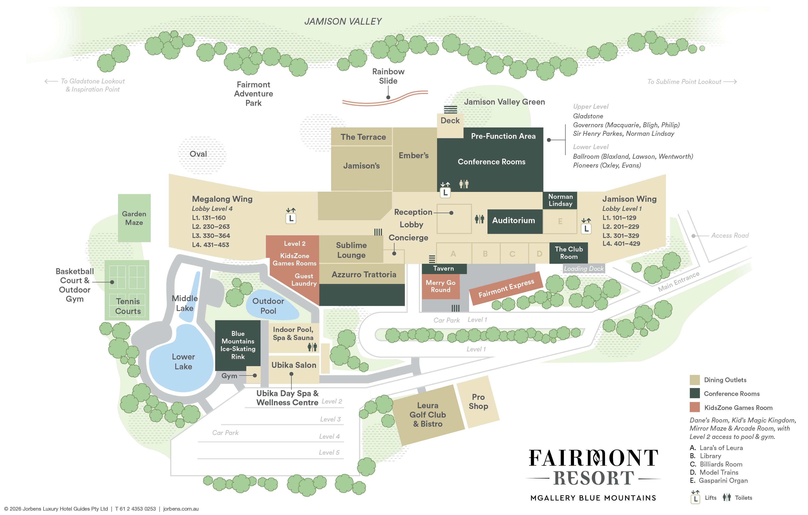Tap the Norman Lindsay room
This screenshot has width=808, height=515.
pos(560,200)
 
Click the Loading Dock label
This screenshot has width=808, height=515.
pos(584,268)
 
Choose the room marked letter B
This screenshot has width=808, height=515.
pos(485,254)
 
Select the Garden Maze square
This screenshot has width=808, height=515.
pos(134,218)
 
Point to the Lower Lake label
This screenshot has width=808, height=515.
pos(183,361)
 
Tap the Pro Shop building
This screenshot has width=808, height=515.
pos(478,402)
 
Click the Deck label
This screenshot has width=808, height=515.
pos(450,121)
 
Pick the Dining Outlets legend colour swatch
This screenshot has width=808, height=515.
pos(695,380)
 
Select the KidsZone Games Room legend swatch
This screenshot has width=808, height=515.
pos(695,407)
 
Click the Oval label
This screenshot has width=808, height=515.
pos(198,154)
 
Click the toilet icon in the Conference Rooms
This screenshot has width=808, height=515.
pos(464,184)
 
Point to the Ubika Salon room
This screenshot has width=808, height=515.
pos(294,365)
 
